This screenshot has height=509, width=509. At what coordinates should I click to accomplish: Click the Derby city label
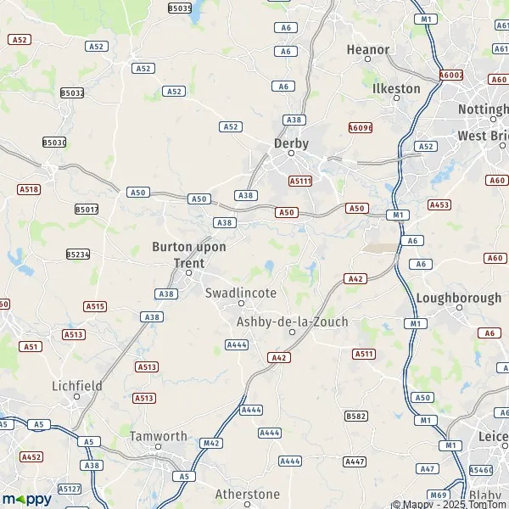[291, 143]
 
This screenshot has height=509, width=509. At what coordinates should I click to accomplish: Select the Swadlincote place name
[241, 293]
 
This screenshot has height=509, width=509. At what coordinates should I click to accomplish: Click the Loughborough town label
[458, 298]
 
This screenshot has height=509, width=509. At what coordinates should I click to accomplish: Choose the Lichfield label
[77, 385]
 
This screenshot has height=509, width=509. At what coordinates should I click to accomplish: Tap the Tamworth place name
[159, 436]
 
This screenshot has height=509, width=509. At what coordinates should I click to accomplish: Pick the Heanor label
[368, 50]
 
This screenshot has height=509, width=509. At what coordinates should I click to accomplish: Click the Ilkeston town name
[396, 88]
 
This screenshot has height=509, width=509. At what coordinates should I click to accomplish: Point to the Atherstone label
[247, 494]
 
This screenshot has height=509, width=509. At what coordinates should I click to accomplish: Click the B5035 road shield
[180, 8]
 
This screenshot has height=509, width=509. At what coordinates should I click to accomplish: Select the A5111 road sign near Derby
[300, 181]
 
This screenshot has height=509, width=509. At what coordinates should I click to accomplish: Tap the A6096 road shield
[361, 127]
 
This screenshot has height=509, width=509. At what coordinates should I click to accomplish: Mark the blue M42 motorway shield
[211, 443]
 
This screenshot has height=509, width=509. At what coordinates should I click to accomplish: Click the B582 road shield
[356, 416]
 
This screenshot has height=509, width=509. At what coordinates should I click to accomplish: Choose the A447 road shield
[355, 461]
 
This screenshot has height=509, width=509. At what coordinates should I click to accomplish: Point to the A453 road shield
[439, 204]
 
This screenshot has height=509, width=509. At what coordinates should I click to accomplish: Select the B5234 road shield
[79, 254]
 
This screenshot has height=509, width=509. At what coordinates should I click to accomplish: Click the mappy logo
[26, 498]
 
